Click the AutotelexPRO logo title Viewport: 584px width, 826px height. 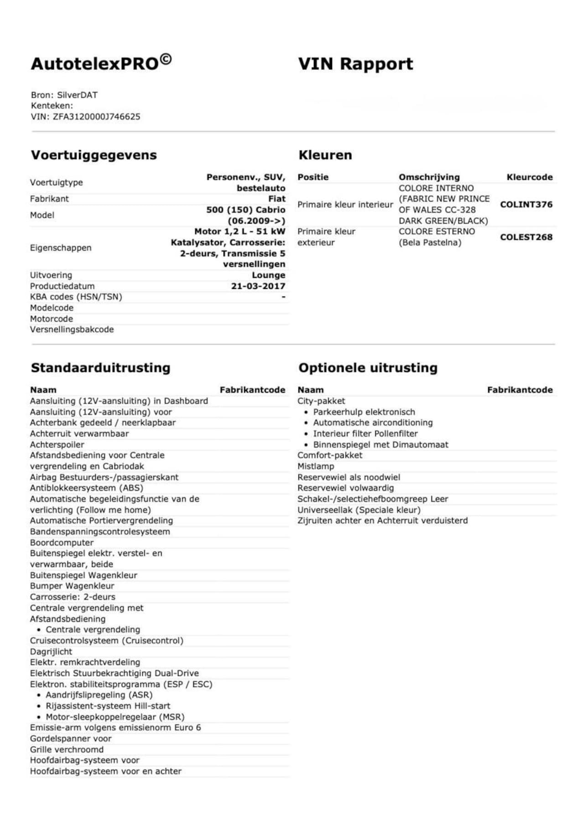click(x=101, y=63)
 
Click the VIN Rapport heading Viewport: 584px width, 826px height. click(x=355, y=63)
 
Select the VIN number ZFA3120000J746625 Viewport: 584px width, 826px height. click(x=96, y=116)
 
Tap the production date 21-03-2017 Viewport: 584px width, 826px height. click(x=258, y=286)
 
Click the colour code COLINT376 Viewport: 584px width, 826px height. click(x=526, y=204)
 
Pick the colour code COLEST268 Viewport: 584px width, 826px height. click(x=526, y=237)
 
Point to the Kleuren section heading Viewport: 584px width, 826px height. click(x=325, y=155)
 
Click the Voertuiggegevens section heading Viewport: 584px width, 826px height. click(x=94, y=155)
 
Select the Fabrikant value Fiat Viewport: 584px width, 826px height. click(x=276, y=199)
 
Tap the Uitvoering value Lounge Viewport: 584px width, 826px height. click(x=268, y=275)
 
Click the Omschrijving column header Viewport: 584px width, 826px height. click(x=429, y=177)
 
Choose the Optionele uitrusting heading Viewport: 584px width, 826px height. click(x=368, y=368)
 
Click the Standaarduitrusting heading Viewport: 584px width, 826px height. click(x=100, y=368)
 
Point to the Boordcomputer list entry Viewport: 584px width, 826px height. click(x=62, y=543)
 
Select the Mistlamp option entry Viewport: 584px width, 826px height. click(x=316, y=466)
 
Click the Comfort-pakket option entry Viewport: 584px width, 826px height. click(x=330, y=455)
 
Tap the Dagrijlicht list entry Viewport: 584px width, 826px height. click(x=51, y=652)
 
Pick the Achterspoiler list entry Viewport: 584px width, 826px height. click(x=57, y=444)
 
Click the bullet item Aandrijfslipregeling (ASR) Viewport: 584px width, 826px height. click(x=99, y=695)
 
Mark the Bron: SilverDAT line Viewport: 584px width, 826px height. click(x=64, y=95)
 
